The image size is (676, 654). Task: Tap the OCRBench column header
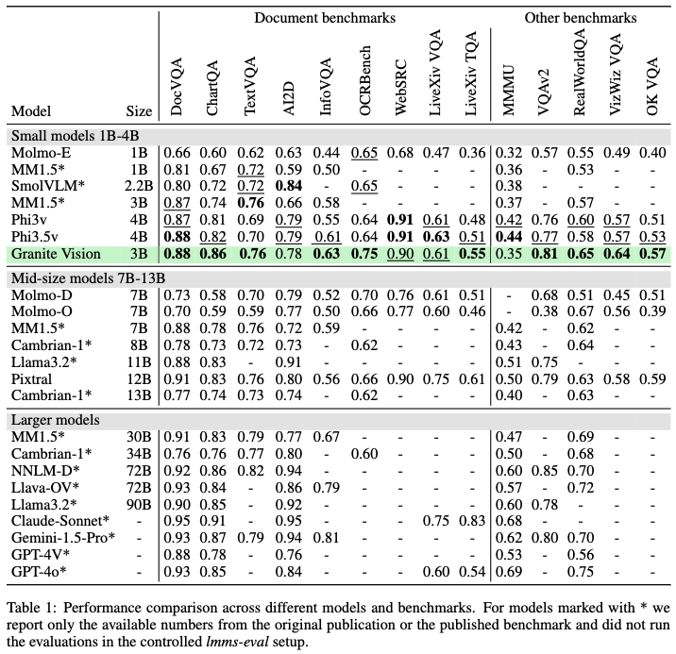tap(364, 89)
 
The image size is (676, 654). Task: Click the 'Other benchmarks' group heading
tap(580, 18)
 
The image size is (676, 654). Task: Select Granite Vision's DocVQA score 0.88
tap(177, 253)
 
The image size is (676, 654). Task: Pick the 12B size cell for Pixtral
tap(138, 378)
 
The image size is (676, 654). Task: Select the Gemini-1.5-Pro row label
tap(62, 538)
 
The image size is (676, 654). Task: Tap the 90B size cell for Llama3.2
tap(138, 504)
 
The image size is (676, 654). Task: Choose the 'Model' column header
tap(31, 110)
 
